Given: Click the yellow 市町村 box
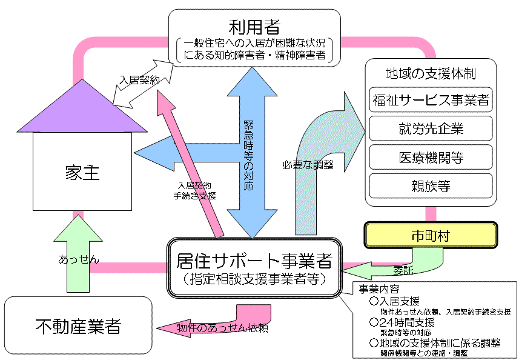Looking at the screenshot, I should click(430, 233).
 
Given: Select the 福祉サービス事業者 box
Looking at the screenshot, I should click(431, 99).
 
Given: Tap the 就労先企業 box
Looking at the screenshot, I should click(431, 128).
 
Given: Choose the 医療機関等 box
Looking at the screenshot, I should click(431, 158).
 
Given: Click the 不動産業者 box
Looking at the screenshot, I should click(78, 326).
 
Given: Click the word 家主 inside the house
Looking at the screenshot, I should click(82, 173).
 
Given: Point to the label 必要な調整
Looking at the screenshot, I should click(307, 165).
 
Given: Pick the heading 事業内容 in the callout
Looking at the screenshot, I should click(379, 288).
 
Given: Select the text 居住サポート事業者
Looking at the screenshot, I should click(254, 262).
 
